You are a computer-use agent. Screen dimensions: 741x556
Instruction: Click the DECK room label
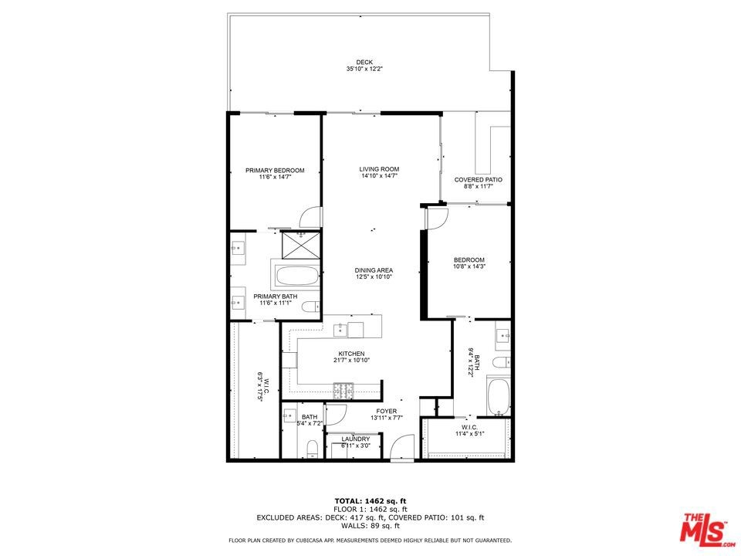click(364, 62)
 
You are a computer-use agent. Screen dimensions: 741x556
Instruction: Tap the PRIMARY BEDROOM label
click(275, 170)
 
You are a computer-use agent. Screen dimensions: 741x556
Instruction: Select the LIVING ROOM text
click(379, 169)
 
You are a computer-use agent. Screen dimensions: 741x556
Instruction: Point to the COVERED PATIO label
click(479, 180)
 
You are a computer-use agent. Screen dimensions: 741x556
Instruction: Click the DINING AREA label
click(374, 270)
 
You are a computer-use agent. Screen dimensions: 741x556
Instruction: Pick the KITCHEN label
click(351, 354)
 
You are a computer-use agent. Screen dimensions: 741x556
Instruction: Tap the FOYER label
click(387, 411)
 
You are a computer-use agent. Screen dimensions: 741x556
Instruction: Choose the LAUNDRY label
click(355, 439)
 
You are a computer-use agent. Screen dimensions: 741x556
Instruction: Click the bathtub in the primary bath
click(296, 276)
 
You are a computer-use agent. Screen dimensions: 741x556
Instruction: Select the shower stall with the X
click(301, 245)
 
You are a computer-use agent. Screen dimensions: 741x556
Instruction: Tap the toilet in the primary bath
click(310, 307)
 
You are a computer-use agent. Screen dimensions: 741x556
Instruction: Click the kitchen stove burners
click(343, 390)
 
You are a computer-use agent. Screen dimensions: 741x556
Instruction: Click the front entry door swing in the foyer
click(402, 447)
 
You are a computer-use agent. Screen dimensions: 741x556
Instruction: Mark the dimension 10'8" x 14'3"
click(469, 266)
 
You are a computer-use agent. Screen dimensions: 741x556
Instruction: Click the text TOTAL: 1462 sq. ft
click(370, 500)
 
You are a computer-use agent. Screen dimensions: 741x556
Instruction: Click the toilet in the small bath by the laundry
click(313, 447)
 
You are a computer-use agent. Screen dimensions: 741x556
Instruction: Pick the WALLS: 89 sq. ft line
click(370, 525)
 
